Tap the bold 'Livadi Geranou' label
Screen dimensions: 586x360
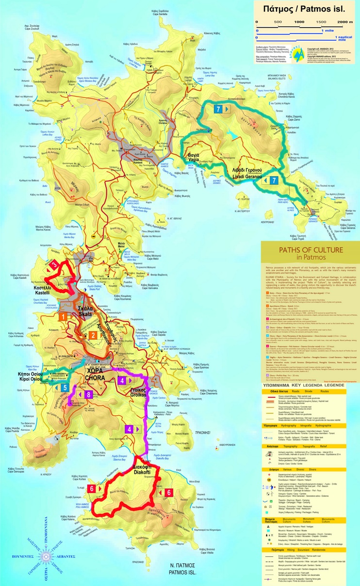click(x=245, y=170)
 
